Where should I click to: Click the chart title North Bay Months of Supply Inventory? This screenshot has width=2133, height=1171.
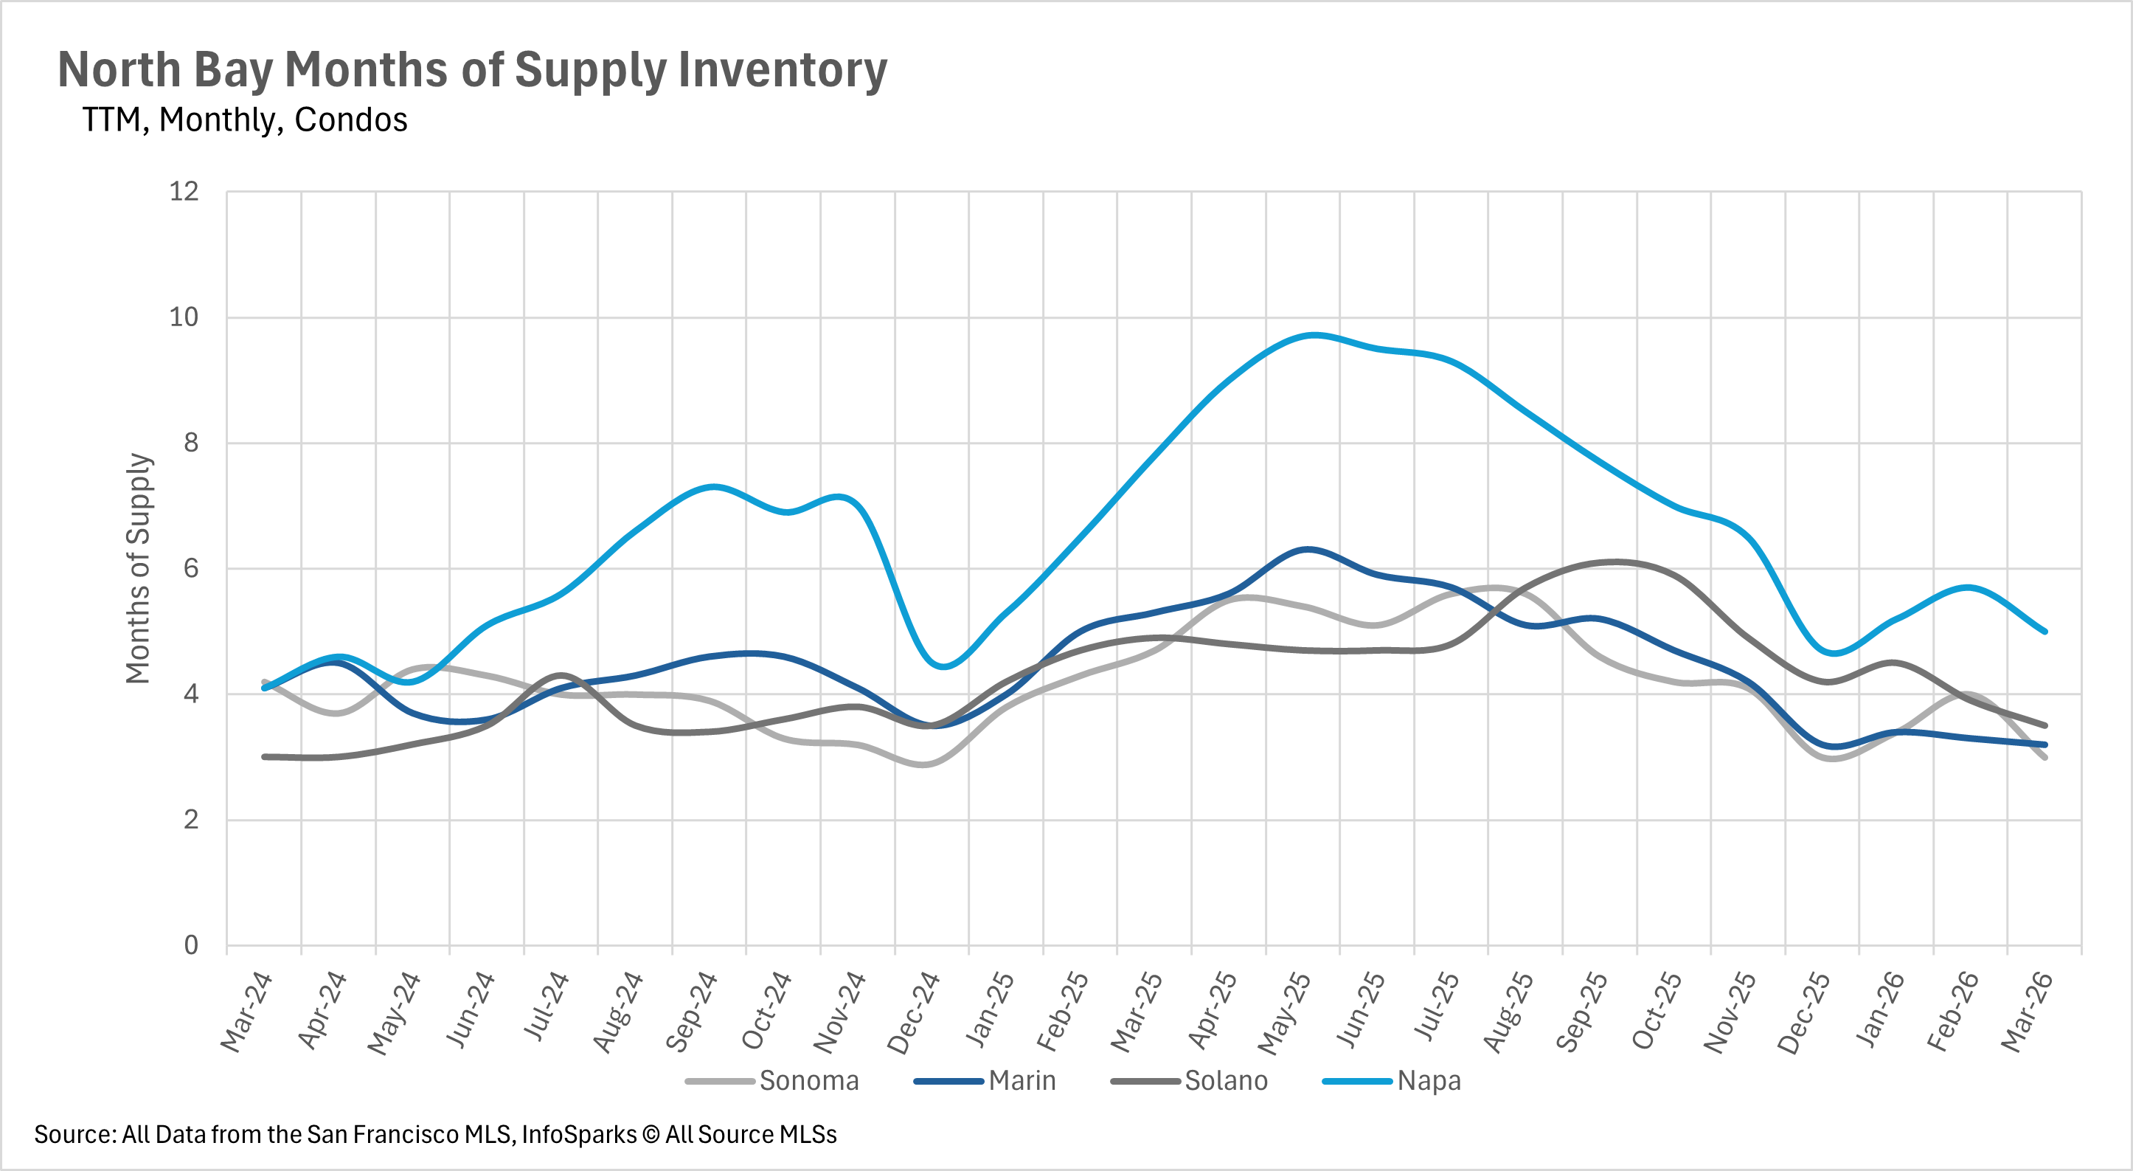pyautogui.click(x=472, y=69)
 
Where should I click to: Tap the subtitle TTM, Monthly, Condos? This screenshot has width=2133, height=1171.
pyautogui.click(x=244, y=120)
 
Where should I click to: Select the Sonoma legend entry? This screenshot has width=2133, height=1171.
pyautogui.click(x=808, y=1081)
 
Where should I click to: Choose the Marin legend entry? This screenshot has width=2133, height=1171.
pyautogui.click(x=1022, y=1081)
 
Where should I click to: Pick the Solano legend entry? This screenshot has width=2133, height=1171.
pyautogui.click(x=1226, y=1081)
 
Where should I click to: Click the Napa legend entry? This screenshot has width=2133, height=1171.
pyautogui.click(x=1429, y=1081)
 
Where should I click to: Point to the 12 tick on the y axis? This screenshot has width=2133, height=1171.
pyautogui.click(x=184, y=192)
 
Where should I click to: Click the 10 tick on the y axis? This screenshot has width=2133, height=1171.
pyautogui.click(x=184, y=317)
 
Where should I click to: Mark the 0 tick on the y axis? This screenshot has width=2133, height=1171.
pyautogui.click(x=190, y=945)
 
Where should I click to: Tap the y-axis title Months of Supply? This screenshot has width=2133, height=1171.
pyautogui.click(x=138, y=568)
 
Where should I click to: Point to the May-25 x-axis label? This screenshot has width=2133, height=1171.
pyautogui.click(x=1284, y=1013)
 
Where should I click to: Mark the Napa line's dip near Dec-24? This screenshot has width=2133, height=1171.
pyautogui.click(x=944, y=666)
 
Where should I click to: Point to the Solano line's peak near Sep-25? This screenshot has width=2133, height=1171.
pyautogui.click(x=1615, y=562)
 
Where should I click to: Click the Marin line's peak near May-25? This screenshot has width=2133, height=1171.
pyautogui.click(x=1308, y=549)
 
